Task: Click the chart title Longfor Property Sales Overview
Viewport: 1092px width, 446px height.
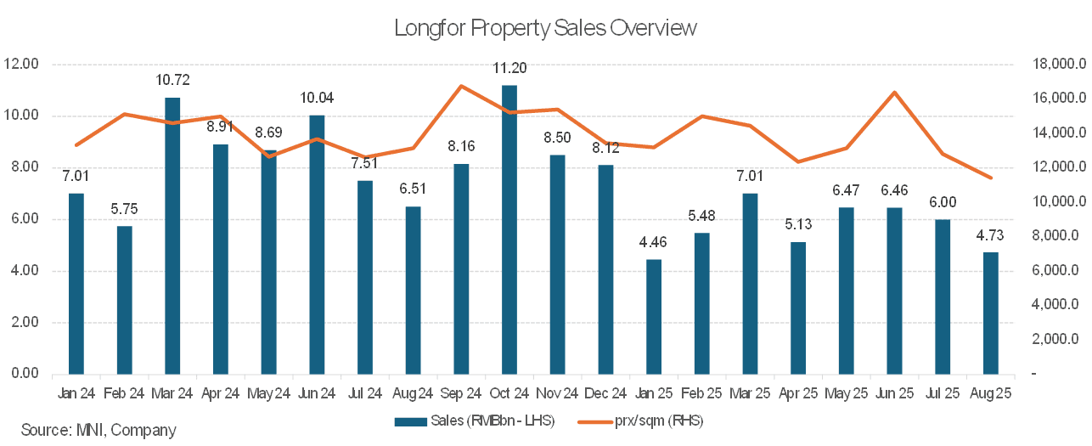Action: click(545, 28)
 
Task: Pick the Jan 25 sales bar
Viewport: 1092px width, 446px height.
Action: click(654, 316)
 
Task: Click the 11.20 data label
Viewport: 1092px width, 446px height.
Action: click(509, 69)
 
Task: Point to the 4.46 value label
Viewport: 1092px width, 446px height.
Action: click(654, 243)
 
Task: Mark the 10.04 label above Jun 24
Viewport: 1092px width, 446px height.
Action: click(317, 99)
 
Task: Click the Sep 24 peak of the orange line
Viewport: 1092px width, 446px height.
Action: click(460, 86)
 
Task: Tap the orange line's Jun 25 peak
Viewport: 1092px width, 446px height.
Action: click(894, 93)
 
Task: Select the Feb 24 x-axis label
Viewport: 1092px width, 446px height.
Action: click(124, 394)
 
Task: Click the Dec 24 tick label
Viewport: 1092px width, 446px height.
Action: click(605, 394)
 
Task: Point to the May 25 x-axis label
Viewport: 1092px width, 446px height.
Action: click(846, 394)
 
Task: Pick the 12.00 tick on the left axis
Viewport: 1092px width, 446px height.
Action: click(22, 65)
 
